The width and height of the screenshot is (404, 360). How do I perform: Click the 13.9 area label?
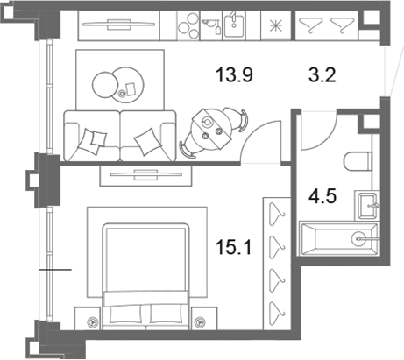pos(234,75)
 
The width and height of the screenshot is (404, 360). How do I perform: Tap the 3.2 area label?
pos(322,75)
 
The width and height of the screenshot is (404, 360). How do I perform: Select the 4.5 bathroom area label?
pos(322,196)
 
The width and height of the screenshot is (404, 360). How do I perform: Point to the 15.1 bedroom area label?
pos(233,247)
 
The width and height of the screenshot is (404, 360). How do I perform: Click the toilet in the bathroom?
pos(358,161)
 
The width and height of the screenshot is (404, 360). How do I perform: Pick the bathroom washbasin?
pos(367,206)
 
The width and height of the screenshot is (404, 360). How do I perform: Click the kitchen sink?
pos(233,25)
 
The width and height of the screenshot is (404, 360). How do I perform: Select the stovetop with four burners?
pos(188,25)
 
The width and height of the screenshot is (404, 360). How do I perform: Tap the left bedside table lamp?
pos(91,322)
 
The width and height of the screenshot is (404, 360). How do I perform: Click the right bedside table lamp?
pos(200,322)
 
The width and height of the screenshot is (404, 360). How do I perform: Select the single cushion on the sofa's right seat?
pos(148,142)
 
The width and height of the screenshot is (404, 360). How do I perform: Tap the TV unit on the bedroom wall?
pos(145,175)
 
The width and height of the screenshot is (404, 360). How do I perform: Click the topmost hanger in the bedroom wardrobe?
pos(276,214)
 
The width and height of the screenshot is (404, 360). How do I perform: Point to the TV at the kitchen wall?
pos(118,25)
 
